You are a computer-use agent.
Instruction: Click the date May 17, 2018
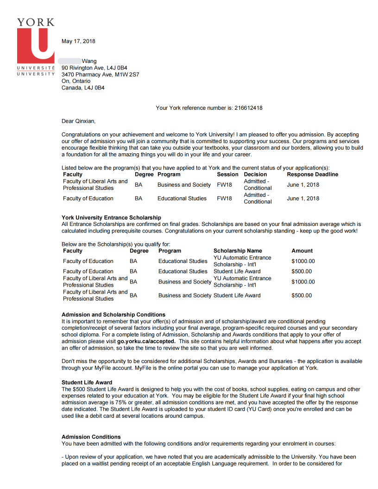78,41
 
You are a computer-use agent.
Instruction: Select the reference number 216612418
247,108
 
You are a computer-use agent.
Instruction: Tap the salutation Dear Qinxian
78,121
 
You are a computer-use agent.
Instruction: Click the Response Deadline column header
312,175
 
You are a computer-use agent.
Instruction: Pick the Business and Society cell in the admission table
184,185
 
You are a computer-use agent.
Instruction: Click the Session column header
227,175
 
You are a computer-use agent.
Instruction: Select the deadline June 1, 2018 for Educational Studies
303,199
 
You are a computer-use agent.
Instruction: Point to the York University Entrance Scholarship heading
111,218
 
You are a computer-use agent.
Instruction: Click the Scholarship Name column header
238,251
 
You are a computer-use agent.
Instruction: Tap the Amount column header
302,251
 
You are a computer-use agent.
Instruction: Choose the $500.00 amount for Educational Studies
302,271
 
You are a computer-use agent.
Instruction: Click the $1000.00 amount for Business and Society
303,282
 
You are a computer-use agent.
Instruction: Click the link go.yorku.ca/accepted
146,341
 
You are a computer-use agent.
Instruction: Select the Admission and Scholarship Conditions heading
113,315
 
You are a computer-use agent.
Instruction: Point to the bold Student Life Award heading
87,382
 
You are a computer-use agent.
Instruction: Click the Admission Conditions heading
91,437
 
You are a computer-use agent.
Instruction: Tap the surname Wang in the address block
89,61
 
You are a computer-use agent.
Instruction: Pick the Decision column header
255,175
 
